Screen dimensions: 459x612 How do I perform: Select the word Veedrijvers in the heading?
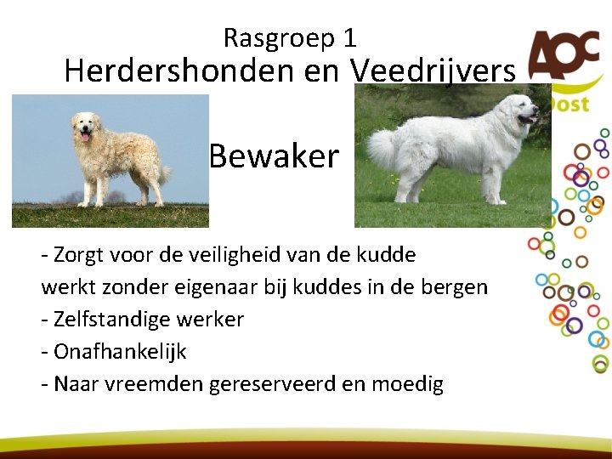pyautogui.click(x=433, y=71)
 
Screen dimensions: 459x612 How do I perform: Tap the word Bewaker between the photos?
pyautogui.click(x=274, y=156)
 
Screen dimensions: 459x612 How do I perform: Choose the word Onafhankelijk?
pyautogui.click(x=120, y=352)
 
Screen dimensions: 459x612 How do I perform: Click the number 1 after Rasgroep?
pyautogui.click(x=350, y=38)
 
